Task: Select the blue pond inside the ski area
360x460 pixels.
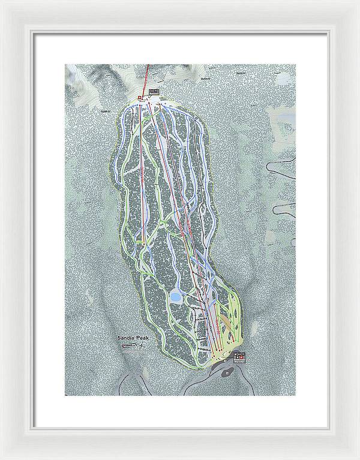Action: pyautogui.click(x=175, y=296)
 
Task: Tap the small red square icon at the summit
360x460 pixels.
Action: pyautogui.click(x=139, y=97)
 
